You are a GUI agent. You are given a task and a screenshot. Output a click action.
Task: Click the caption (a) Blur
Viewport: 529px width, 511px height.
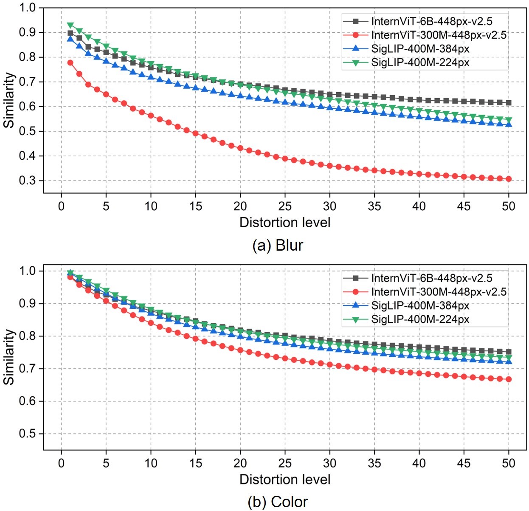tap(278, 246)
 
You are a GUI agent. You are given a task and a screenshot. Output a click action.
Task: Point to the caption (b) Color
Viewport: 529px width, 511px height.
tap(278, 502)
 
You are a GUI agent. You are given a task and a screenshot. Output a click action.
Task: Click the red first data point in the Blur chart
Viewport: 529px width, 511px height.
tap(70, 63)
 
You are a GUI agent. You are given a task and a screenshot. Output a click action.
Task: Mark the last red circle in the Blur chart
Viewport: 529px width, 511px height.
tap(509, 179)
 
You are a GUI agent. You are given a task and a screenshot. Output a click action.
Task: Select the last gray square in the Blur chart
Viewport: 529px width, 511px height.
tap(509, 103)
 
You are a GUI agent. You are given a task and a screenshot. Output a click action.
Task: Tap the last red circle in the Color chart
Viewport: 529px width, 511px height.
tap(509, 379)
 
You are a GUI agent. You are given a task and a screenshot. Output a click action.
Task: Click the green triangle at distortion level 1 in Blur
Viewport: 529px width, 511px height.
tap(70, 25)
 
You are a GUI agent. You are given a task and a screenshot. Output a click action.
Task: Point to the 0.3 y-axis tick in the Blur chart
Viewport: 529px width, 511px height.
tap(27, 181)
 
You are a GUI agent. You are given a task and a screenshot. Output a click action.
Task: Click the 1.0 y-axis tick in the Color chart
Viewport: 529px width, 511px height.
tap(27, 271)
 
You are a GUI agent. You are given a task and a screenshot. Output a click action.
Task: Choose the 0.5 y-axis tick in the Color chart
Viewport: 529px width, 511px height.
tap(27, 434)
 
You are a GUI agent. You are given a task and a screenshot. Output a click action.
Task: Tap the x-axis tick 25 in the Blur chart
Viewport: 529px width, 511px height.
tap(285, 206)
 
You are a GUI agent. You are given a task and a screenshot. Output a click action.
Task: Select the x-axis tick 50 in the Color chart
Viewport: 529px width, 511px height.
tap(509, 463)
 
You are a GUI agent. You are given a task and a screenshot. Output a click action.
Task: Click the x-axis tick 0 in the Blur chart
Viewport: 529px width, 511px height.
tap(61, 206)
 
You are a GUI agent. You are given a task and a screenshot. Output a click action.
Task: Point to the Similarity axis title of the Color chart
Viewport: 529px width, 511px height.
tap(9, 357)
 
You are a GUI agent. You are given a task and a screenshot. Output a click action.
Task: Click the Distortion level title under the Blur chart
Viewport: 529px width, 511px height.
tap(285, 223)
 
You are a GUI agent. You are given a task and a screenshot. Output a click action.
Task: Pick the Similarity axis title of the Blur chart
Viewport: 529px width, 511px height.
tap(9, 100)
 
